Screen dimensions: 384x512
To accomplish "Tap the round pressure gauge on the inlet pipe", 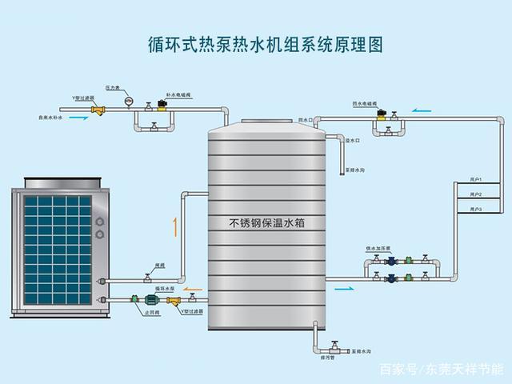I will coord(128,102).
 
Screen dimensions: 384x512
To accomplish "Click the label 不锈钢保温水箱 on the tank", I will coord(266,223).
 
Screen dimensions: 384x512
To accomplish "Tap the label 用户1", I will coord(477,181).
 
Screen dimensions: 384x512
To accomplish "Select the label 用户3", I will coord(477,209).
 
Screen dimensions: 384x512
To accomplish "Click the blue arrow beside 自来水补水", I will coord(78,118).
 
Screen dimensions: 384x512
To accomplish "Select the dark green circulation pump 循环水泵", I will coord(151,301).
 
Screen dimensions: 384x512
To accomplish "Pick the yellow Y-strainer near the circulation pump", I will coord(175,302).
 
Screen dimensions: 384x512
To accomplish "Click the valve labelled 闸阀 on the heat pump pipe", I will coord(147,278).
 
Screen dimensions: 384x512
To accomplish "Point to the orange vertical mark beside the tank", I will coord(174,226).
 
